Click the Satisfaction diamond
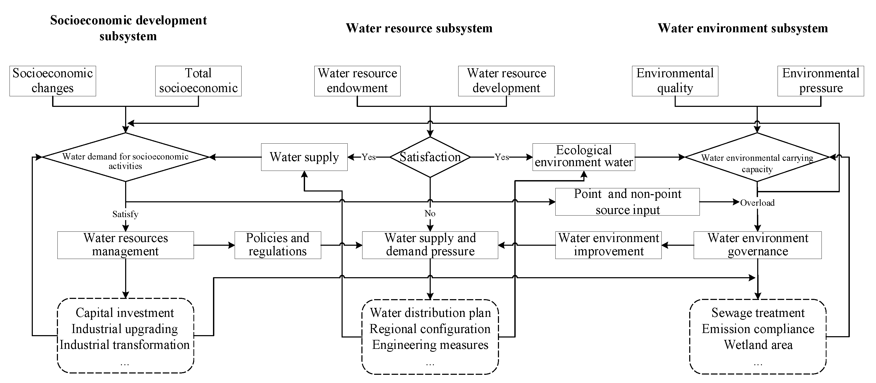point(430,157)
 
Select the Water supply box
point(304,157)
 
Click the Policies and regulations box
point(278,245)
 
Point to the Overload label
point(757,203)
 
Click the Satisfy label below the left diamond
point(125,214)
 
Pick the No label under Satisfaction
point(430,213)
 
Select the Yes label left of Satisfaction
point(368,157)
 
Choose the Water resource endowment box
point(357,81)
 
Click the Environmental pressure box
point(820,81)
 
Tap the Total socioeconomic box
point(198,81)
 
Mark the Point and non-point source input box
point(627,202)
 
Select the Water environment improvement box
point(608,245)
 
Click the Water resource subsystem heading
point(419,28)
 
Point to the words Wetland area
point(758,345)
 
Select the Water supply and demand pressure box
point(430,245)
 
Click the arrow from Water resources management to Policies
point(214,245)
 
